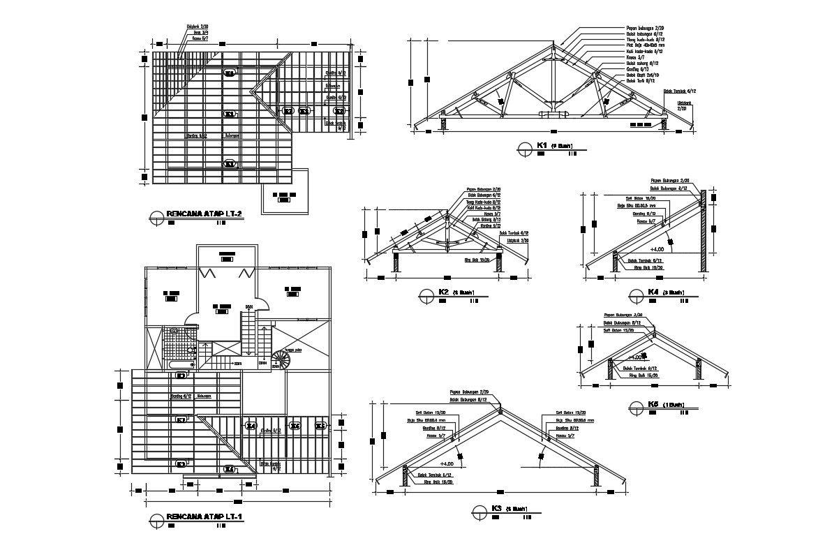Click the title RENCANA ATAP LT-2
point(204,214)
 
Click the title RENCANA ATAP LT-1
point(204,517)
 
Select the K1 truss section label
point(542,146)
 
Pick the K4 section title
point(653,292)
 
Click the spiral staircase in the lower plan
point(281,360)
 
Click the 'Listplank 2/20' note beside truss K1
point(681,105)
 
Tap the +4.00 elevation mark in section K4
point(657,248)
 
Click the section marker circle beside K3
point(478,511)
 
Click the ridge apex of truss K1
point(552,47)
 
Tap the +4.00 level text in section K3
point(447,463)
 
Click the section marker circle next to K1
point(524,147)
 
